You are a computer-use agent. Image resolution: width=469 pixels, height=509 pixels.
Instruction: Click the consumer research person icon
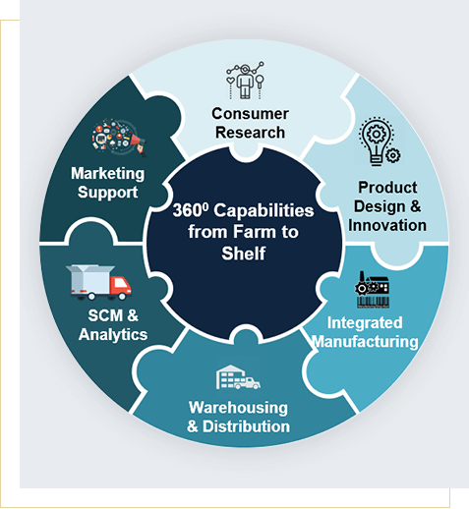pos(245,80)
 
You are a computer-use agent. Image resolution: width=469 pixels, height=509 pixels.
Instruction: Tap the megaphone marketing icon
pos(119,138)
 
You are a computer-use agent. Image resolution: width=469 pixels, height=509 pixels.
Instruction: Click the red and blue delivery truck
pos(98,282)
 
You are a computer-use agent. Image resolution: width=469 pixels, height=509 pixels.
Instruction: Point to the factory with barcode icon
pos(373,290)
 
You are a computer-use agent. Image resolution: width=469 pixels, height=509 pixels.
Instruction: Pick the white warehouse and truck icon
pos(238,377)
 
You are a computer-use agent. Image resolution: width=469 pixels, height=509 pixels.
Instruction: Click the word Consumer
pos(250,114)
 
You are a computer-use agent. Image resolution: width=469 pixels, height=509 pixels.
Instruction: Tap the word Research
pos(250,133)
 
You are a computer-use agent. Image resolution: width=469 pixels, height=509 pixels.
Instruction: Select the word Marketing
pos(108,174)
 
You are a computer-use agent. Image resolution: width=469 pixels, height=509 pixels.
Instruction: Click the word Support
pos(108,193)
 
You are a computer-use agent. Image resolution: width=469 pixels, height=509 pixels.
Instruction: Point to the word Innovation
pos(387,225)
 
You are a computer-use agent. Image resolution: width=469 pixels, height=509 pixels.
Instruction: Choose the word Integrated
pos(365,322)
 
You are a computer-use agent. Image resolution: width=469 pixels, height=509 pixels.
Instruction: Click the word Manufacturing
pos(365,342)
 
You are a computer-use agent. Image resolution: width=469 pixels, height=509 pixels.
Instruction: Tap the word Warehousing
pos(238,408)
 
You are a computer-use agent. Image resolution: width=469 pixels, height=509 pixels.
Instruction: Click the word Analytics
pos(113,335)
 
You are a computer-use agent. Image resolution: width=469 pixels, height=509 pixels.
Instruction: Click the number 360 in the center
pos(188,210)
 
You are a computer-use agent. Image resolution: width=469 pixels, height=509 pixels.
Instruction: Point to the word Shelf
pos(244,254)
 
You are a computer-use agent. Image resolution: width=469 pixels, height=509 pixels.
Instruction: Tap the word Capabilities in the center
pos(264,211)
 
